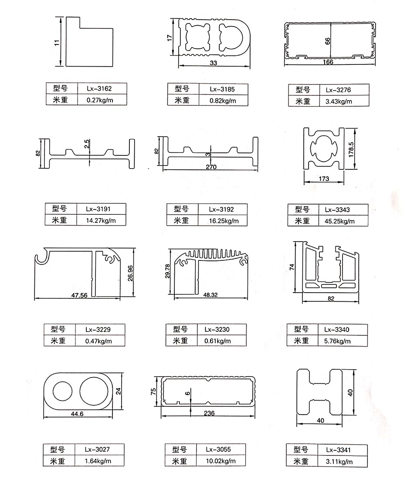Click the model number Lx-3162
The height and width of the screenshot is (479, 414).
click(x=99, y=89)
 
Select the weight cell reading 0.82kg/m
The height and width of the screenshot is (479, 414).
click(x=222, y=101)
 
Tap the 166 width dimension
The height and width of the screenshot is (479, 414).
click(x=328, y=62)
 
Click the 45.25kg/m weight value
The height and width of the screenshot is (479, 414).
click(x=340, y=221)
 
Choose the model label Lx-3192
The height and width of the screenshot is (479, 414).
click(x=221, y=209)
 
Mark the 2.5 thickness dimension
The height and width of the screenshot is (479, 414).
click(x=87, y=144)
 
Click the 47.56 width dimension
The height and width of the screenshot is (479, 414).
click(x=79, y=295)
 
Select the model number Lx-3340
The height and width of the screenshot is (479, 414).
click(x=339, y=330)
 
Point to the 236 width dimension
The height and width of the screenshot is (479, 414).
click(x=209, y=414)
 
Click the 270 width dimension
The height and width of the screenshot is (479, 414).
click(x=210, y=167)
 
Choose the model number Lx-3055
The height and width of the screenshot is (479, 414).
click(x=218, y=449)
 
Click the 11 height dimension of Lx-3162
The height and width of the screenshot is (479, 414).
click(x=56, y=43)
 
